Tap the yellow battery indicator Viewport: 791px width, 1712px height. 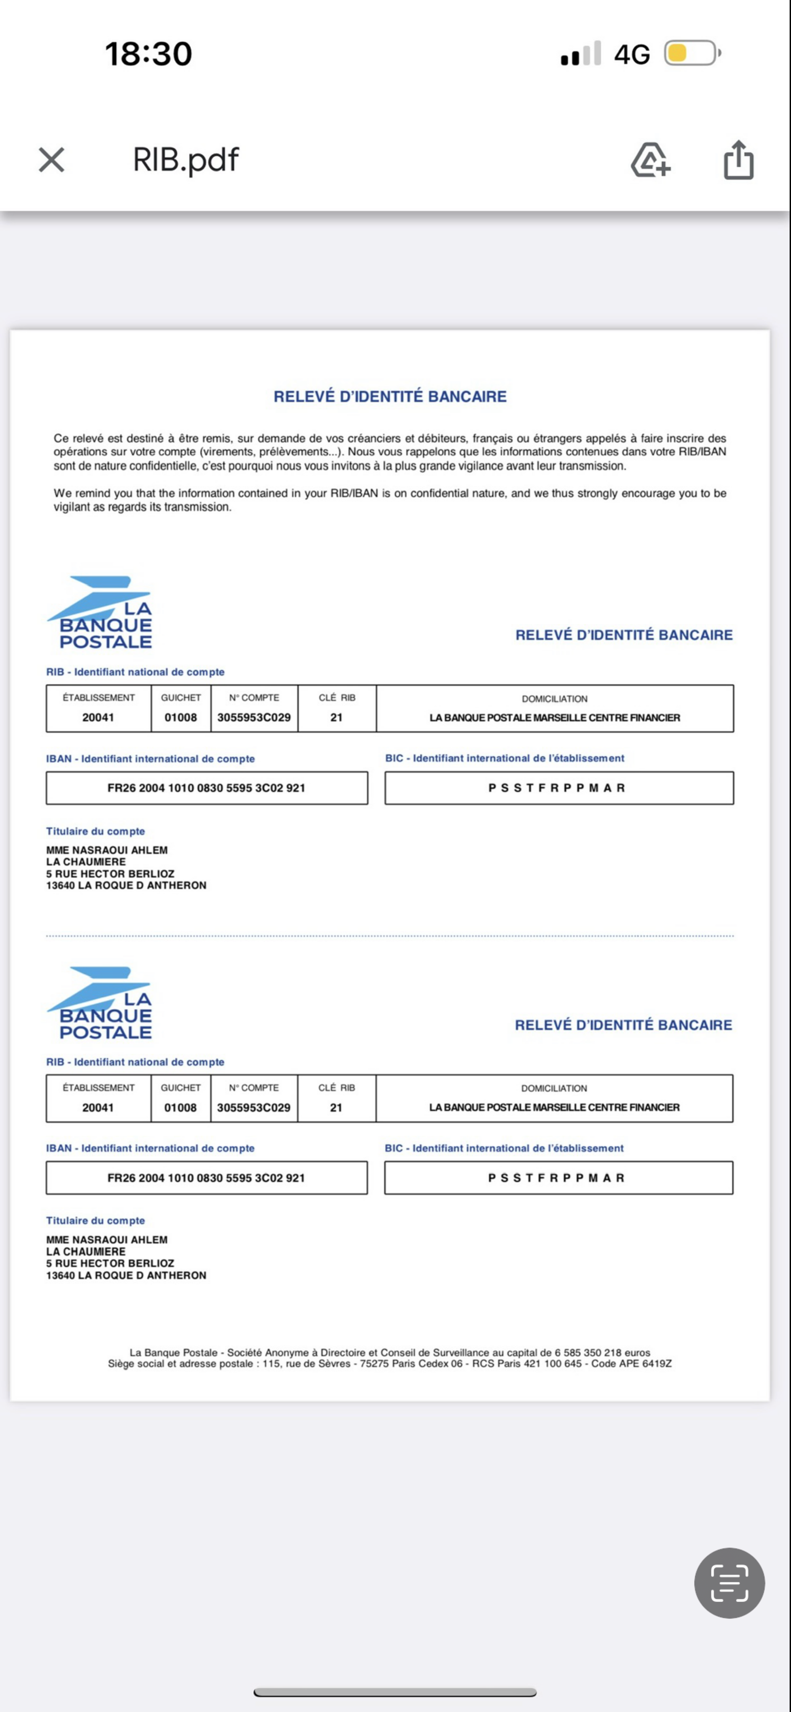[x=691, y=53]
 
